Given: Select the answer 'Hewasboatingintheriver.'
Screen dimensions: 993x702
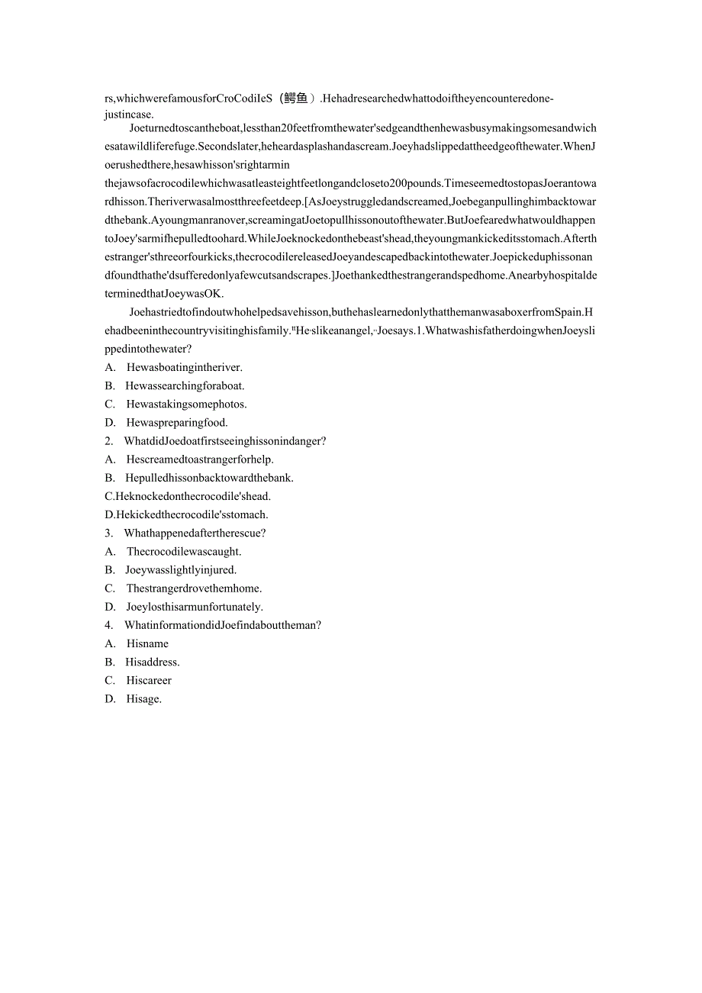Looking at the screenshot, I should pyautogui.click(x=173, y=367).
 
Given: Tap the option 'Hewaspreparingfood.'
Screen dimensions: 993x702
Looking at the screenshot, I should pyautogui.click(x=177, y=422).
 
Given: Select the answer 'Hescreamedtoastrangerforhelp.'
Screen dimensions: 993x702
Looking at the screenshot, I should pyautogui.click(x=200, y=459).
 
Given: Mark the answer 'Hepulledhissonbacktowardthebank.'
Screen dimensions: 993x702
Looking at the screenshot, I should pyautogui.click(x=209, y=478).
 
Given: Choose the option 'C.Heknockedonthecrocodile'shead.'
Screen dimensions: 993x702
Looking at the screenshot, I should pyautogui.click(x=188, y=496).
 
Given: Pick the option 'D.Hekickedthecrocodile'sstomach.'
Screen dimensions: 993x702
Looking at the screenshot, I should pyautogui.click(x=186, y=514).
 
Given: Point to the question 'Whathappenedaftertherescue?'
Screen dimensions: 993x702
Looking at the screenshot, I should pyautogui.click(x=195, y=533).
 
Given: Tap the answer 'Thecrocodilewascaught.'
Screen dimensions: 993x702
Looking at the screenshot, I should pyautogui.click(x=184, y=551).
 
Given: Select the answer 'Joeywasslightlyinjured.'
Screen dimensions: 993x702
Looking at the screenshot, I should pyautogui.click(x=181, y=569).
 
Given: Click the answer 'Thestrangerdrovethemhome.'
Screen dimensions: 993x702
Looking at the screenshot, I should pyautogui.click(x=194, y=588).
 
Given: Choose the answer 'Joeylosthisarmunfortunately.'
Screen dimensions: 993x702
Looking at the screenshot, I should pyautogui.click(x=194, y=607).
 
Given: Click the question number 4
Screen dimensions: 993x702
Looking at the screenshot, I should pyautogui.click(x=108, y=625).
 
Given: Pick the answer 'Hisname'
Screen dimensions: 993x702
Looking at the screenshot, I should pyautogui.click(x=147, y=643).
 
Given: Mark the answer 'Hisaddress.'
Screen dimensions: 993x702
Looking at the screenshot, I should pyautogui.click(x=153, y=662).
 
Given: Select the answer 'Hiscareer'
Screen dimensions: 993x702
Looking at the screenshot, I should pyautogui.click(x=149, y=680).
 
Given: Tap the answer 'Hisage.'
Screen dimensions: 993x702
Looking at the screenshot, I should pyautogui.click(x=143, y=698).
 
